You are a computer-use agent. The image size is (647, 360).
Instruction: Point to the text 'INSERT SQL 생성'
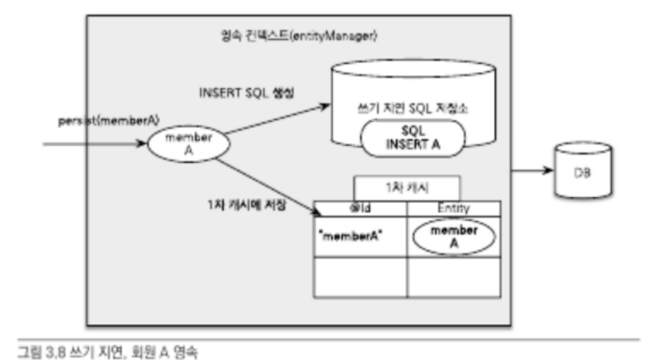pos(247,93)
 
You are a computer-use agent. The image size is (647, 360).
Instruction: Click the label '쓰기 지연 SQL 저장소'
pos(401,108)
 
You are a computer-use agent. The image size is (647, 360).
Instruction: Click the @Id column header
pos(361,208)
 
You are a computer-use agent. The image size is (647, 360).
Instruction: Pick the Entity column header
pos(452,208)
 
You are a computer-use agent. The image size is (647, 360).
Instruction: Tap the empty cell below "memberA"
pos(361,276)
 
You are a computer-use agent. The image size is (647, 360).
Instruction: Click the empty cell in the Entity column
pos(452,276)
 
